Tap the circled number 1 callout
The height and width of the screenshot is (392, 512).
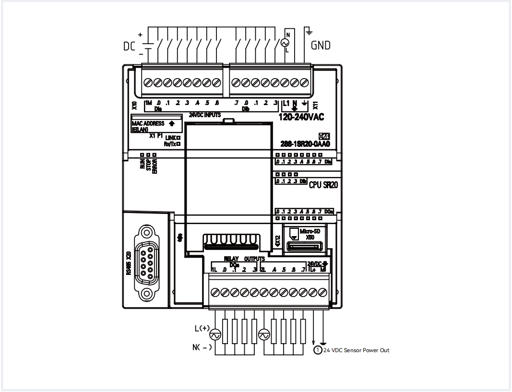click(x=317, y=350)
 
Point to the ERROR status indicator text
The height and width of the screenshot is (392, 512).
click(x=155, y=165)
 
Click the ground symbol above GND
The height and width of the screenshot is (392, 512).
click(x=309, y=33)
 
